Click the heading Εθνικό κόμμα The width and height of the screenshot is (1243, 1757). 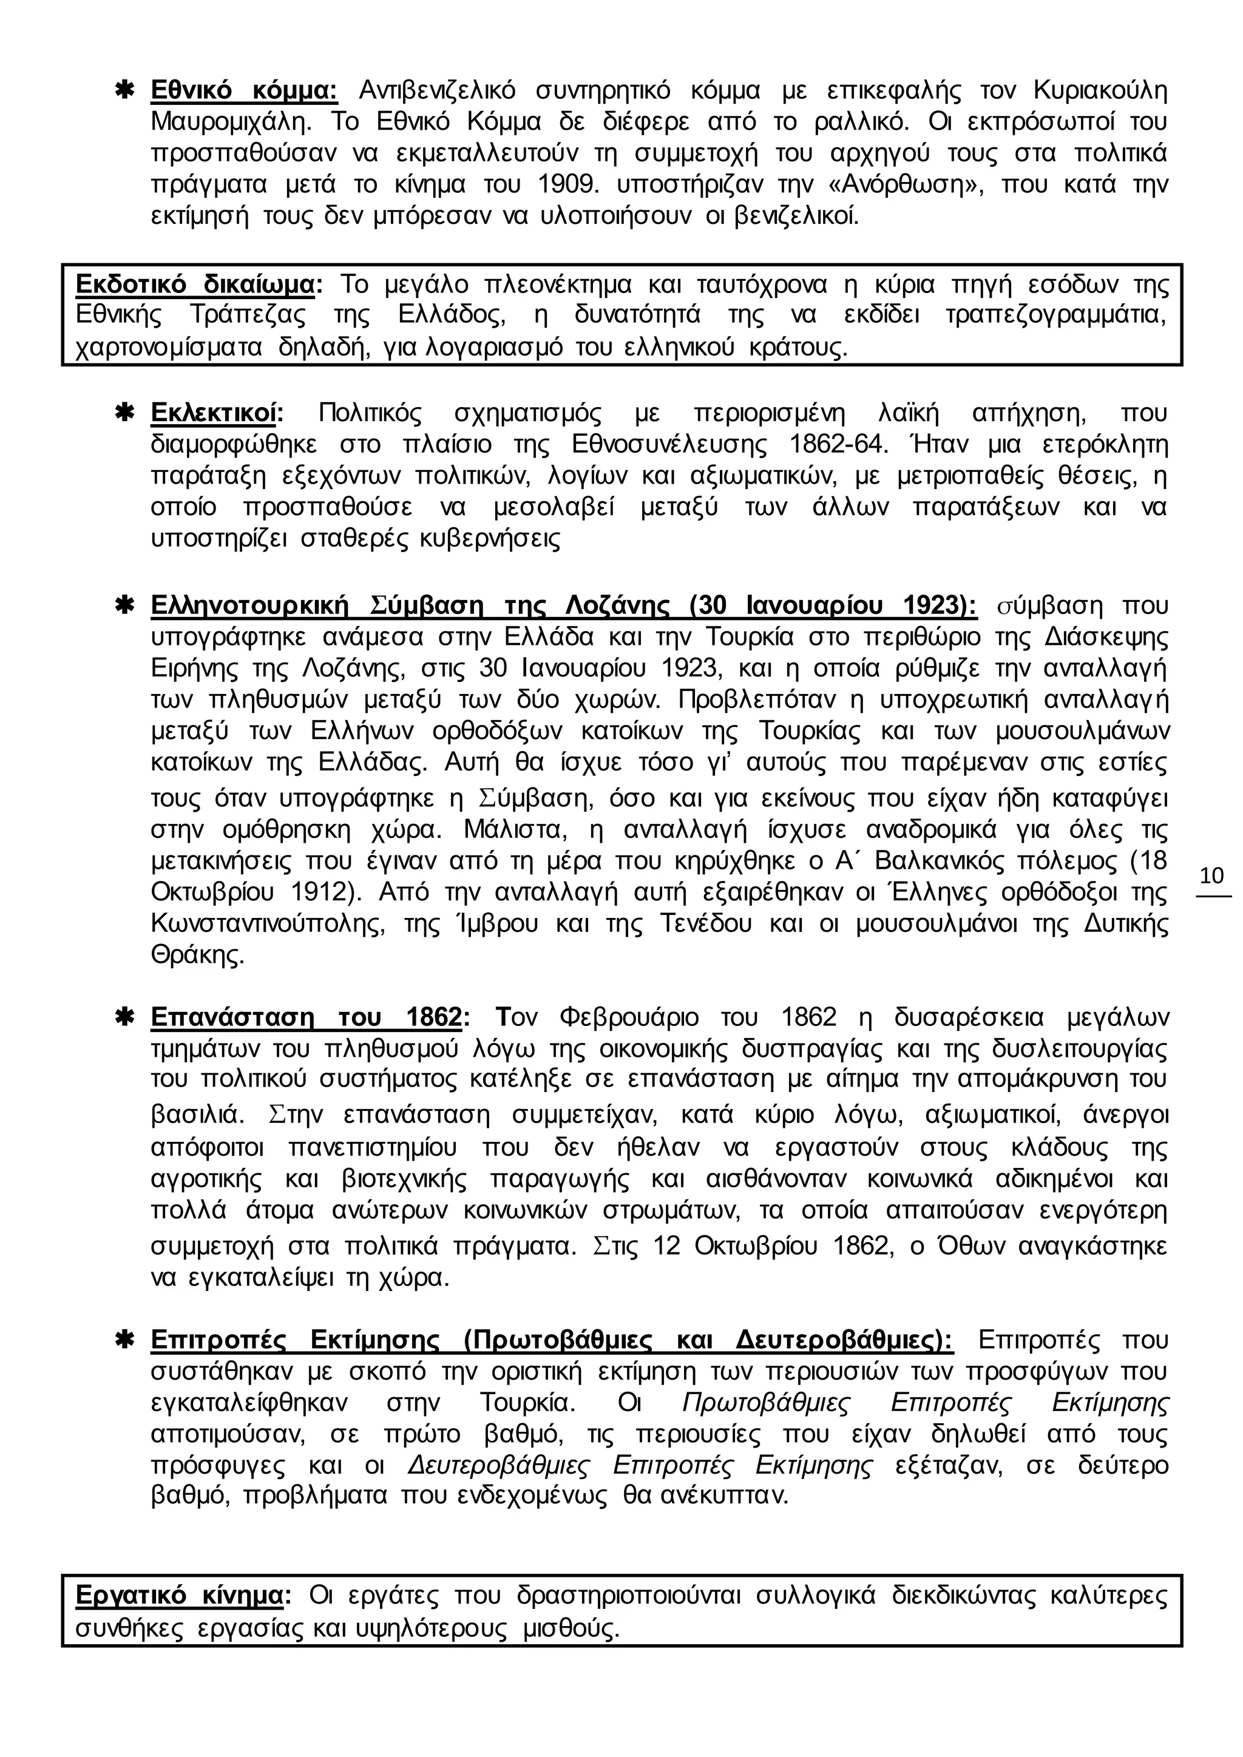tap(244, 90)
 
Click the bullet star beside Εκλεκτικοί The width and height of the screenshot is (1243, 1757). tap(124, 413)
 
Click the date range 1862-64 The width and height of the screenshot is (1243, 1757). tap(830, 445)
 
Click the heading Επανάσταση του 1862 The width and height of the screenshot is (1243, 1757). tap(306, 1018)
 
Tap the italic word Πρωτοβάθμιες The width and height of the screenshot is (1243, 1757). tap(766, 1403)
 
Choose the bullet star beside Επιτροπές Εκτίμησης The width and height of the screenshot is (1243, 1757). tap(124, 1340)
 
